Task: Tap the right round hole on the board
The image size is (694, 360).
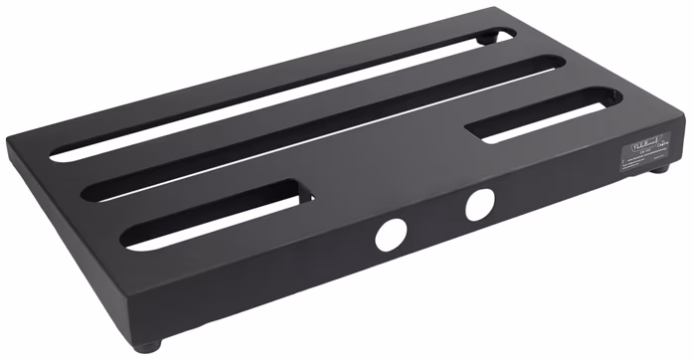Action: point(479,205)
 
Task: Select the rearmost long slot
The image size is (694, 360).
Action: point(278,93)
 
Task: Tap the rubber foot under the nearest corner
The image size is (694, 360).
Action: point(148,346)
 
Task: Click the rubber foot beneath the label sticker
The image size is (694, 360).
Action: point(657,170)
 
